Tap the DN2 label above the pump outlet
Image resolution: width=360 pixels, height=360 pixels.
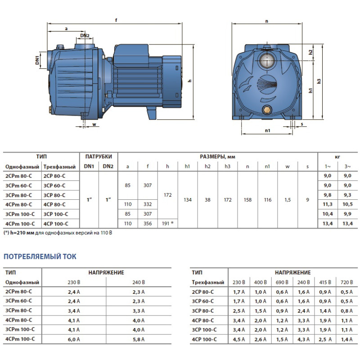click(x=85, y=36)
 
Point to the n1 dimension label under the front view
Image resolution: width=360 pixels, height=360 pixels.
click(x=268, y=130)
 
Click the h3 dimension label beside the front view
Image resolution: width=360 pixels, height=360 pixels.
click(x=319, y=81)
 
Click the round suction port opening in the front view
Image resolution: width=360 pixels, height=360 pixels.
click(x=267, y=61)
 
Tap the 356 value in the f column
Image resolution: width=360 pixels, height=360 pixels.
click(x=148, y=224)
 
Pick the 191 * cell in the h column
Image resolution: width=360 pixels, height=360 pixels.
click(x=167, y=224)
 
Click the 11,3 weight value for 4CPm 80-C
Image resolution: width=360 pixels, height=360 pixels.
click(x=328, y=204)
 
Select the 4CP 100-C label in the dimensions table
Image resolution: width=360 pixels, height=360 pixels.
click(x=56, y=224)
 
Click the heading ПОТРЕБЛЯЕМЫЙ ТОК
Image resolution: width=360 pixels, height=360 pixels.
click(x=40, y=256)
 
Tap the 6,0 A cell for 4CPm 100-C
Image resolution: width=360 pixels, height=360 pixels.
click(x=74, y=339)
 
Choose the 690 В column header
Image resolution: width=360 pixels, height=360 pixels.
click(x=282, y=282)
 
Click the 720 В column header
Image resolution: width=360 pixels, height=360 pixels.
click(x=346, y=282)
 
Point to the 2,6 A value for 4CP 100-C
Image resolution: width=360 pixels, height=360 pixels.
click(x=261, y=339)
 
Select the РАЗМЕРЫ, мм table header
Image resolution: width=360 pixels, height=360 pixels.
click(x=218, y=157)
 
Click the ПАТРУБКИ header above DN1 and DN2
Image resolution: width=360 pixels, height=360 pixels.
click(x=99, y=157)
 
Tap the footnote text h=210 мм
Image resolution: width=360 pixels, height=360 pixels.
click(x=22, y=233)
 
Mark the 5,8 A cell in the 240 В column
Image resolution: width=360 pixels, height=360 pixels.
click(x=139, y=339)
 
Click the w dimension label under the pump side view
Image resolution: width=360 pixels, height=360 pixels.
click(x=94, y=125)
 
